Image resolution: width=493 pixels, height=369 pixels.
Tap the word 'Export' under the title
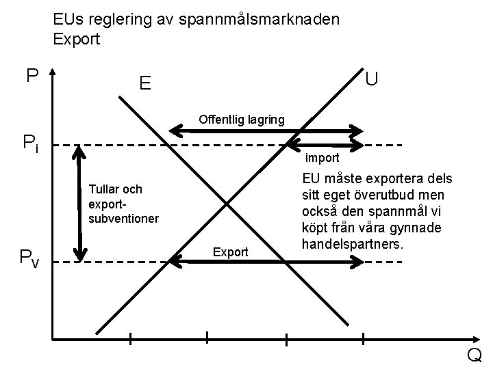[x=77, y=39]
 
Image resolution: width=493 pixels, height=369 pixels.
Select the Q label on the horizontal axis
[x=474, y=355]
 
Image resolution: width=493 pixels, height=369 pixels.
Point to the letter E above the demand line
[x=144, y=84]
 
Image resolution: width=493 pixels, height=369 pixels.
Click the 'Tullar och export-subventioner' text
[x=123, y=204]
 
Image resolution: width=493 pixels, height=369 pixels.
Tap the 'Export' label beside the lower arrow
[x=230, y=252]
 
